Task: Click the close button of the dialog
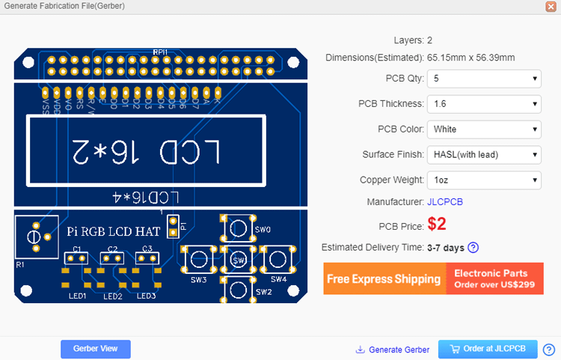tap(551, 6)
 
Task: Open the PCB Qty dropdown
tap(483, 79)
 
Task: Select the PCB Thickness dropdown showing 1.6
tap(483, 104)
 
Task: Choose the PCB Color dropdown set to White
tap(483, 129)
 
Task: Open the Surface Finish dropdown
tap(483, 155)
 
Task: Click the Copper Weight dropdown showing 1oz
tap(483, 180)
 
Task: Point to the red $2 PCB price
tap(437, 225)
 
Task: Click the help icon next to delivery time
tap(473, 248)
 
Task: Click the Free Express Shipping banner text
tap(384, 279)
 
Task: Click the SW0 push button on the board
tap(239, 228)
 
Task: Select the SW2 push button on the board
tap(239, 288)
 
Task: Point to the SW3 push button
tap(199, 259)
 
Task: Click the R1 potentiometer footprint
tap(34, 237)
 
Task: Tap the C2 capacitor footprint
tap(112, 257)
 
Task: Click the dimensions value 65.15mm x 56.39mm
tap(470, 58)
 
